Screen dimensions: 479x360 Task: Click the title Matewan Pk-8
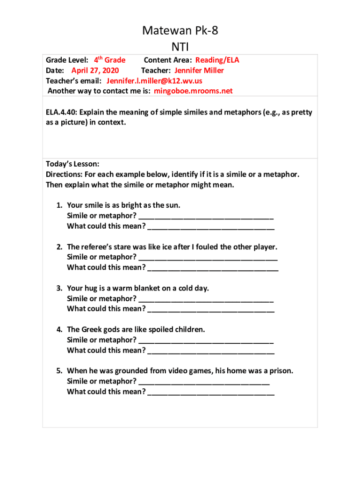click(180, 31)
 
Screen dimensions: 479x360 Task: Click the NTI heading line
click(180, 46)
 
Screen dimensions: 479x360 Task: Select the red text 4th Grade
click(110, 60)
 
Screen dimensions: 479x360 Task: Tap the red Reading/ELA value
click(217, 60)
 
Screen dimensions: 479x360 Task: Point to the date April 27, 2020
click(95, 71)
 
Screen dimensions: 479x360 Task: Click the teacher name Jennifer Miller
click(199, 71)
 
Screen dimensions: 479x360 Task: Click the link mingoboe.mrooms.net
click(193, 91)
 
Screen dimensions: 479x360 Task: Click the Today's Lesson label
click(72, 164)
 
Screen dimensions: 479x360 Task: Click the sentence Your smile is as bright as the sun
click(123, 205)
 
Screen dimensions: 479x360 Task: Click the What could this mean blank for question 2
click(213, 268)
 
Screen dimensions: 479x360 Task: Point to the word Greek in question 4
click(92, 330)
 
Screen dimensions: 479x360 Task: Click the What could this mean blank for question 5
click(211, 392)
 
